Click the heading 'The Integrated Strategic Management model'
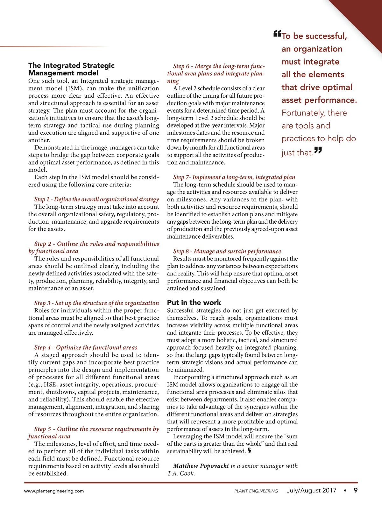tap(71, 69)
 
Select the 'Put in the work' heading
tap(194, 303)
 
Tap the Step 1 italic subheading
tap(96, 199)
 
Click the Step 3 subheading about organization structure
tap(96, 303)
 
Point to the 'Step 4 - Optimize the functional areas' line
tap(86, 348)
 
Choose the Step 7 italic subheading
tap(234, 177)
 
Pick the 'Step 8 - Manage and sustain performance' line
tap(227, 251)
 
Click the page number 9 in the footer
tap(356, 490)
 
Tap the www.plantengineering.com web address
tap(54, 491)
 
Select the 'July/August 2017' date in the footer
tap(311, 490)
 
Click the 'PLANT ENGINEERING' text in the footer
tap(256, 491)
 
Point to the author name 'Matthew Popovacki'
tap(201, 466)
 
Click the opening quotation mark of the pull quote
tap(277, 33)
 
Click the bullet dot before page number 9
tap(345, 491)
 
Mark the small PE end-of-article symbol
tap(249, 450)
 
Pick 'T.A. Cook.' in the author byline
tap(181, 473)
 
